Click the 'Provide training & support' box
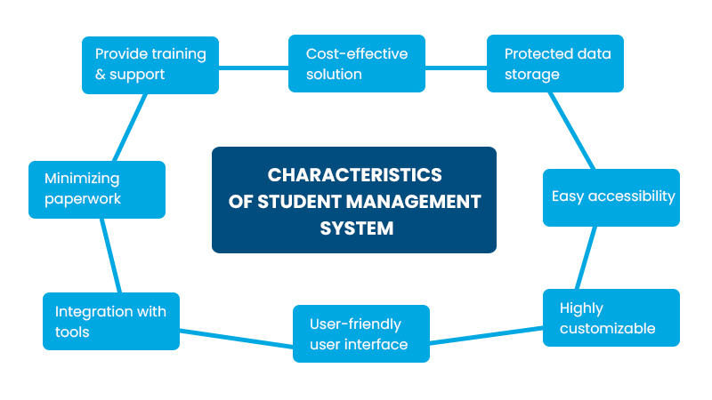point(150,64)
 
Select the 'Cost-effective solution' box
point(357,64)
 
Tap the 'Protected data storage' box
point(555,64)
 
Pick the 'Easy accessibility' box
point(611,196)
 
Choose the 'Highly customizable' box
point(611,317)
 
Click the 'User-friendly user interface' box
point(361,333)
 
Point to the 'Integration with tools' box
point(111,321)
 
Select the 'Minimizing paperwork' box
point(97,188)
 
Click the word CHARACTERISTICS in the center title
point(354,174)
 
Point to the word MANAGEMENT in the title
point(416,201)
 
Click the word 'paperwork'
point(83,199)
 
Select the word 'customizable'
point(608,328)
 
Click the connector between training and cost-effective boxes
point(254,64)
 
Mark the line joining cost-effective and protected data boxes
point(456,64)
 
